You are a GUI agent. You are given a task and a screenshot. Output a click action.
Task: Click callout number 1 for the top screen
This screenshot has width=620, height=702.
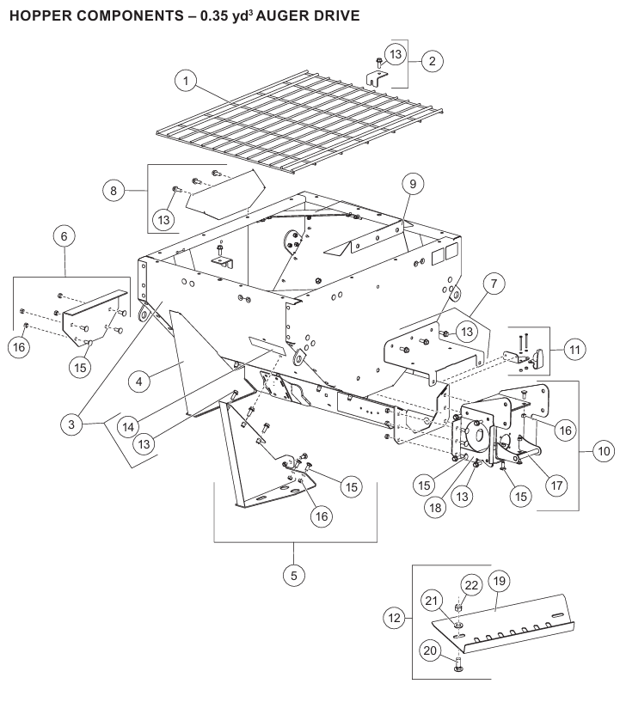tap(183, 82)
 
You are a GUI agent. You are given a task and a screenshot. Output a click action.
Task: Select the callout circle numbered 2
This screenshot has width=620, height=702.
tap(431, 62)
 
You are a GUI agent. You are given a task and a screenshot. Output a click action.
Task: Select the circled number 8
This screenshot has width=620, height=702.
tap(113, 191)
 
